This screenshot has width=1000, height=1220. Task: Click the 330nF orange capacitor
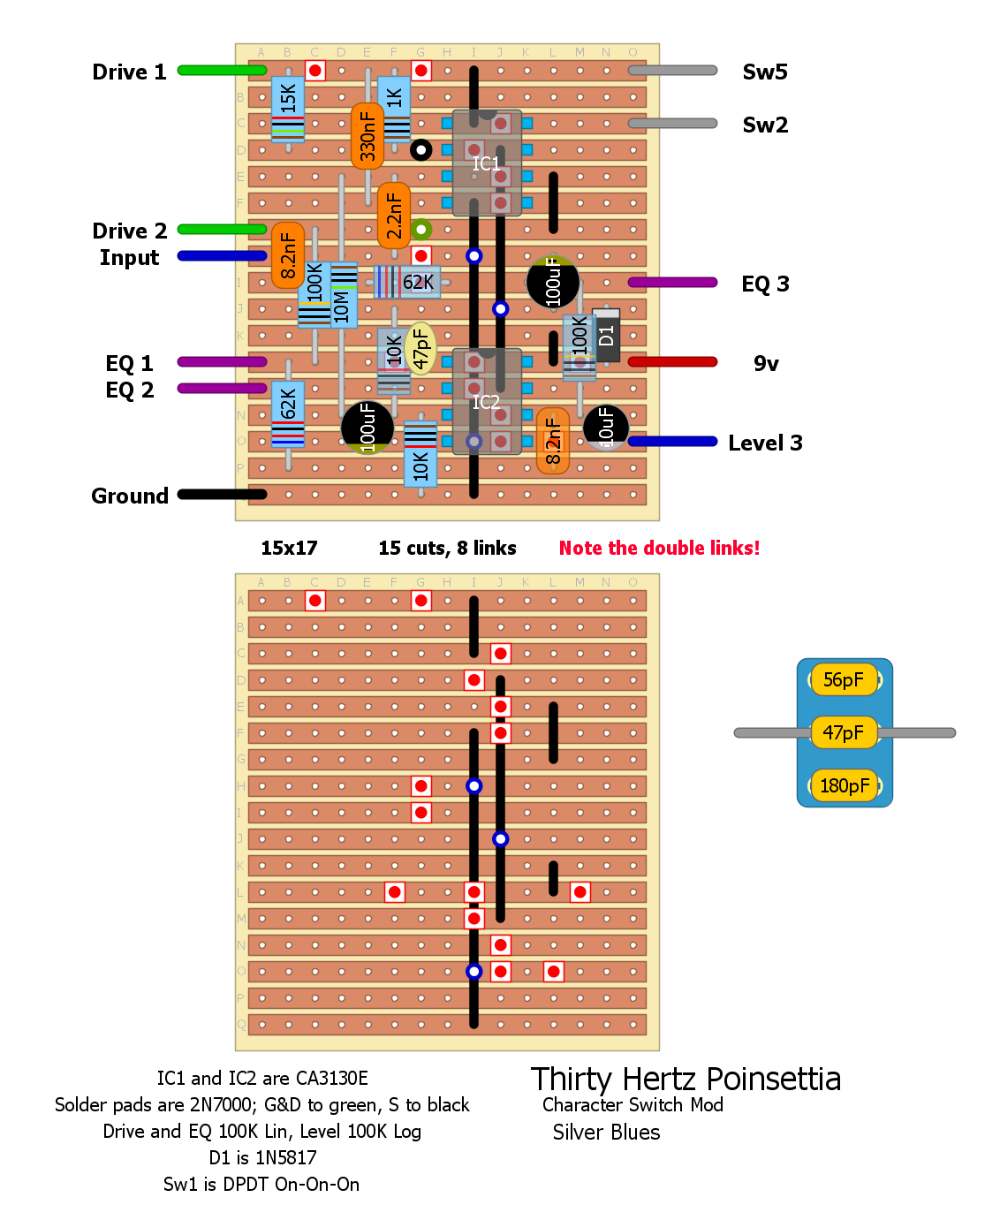pyautogui.click(x=367, y=136)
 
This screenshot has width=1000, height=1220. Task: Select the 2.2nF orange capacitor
pyautogui.click(x=394, y=216)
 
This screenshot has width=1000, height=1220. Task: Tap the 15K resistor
pyautogui.click(x=288, y=108)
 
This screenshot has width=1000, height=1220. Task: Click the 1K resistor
pyautogui.click(x=394, y=108)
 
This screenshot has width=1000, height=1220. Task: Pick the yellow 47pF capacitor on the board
pyautogui.click(x=421, y=348)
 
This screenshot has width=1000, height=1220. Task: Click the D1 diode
pyautogui.click(x=606, y=335)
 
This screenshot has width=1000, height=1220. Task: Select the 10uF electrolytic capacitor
pyautogui.click(x=606, y=427)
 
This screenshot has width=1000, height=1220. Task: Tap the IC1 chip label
pyautogui.click(x=486, y=163)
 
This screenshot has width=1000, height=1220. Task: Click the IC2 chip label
pyautogui.click(x=486, y=402)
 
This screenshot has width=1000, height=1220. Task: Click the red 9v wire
pyautogui.click(x=672, y=362)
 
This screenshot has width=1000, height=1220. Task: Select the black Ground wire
pyautogui.click(x=222, y=495)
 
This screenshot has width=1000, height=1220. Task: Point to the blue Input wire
pyautogui.click(x=222, y=256)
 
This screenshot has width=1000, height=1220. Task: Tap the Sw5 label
pyautogui.click(x=765, y=72)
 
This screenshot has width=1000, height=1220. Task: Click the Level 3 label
pyautogui.click(x=765, y=443)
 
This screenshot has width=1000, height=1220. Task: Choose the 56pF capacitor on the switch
pyautogui.click(x=845, y=680)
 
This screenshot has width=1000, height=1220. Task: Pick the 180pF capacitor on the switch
pyautogui.click(x=845, y=785)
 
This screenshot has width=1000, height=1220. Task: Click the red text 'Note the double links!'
pyautogui.click(x=659, y=549)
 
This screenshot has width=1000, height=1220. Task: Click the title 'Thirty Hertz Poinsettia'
pyautogui.click(x=686, y=1080)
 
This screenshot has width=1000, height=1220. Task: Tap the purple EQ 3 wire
pyautogui.click(x=672, y=283)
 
